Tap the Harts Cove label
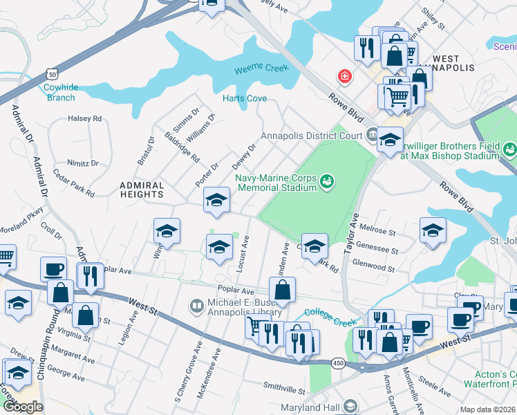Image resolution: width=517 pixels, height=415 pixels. point(245,99)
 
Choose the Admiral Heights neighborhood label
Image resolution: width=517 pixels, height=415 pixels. point(142,190)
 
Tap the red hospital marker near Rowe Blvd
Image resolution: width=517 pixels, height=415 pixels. point(342,75)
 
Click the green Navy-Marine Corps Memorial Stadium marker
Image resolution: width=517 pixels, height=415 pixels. point(328,182)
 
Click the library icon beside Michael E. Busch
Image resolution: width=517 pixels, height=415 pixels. point(197,304)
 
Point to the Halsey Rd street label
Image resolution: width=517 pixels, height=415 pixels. point(85,118)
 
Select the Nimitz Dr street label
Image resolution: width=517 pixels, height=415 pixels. point(82,163)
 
